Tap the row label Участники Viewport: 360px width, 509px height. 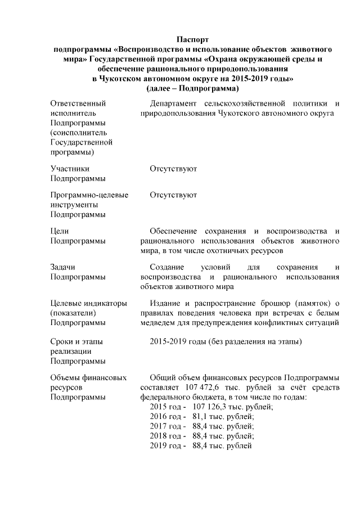pyautogui.click(x=70, y=168)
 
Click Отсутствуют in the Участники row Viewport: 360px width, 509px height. pyautogui.click(x=173, y=168)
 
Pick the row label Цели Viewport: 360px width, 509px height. pyautogui.click(x=60, y=231)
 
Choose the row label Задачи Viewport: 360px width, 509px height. pyautogui.click(x=63, y=267)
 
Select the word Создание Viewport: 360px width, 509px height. pyautogui.click(x=168, y=267)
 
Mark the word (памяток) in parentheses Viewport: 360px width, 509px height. pyautogui.click(x=308, y=304)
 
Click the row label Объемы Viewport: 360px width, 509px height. pyautogui.click(x=66, y=377)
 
